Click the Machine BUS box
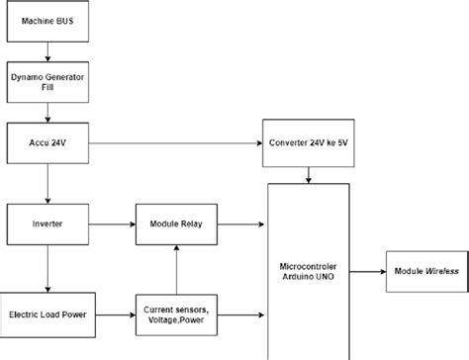point(48,21)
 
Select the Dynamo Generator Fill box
point(48,82)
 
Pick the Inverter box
point(48,225)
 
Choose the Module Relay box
point(174,225)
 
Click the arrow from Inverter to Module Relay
point(115,225)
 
